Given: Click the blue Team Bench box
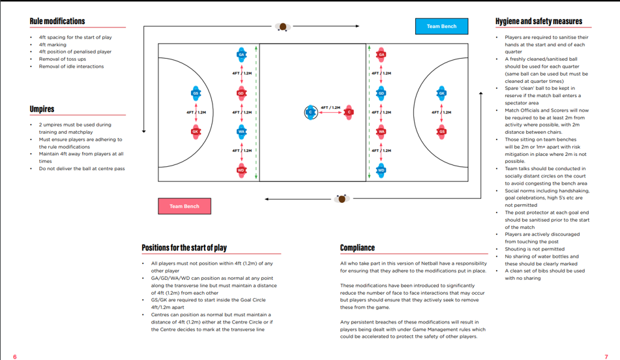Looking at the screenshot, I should click(441, 26).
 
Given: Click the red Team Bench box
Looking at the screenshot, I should click(185, 206).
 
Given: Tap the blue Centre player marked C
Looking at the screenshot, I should click(311, 112).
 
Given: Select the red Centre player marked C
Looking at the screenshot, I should click(349, 112).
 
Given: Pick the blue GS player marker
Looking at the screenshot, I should click(196, 93).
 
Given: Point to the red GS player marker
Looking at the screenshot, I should click(441, 132).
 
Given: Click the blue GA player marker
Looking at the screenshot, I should click(241, 55).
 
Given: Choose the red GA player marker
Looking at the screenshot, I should click(381, 55).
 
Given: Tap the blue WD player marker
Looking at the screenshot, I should click(381, 170).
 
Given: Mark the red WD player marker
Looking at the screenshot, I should click(241, 170).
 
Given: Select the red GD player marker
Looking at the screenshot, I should click(241, 93).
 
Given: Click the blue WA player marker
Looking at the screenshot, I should click(241, 132).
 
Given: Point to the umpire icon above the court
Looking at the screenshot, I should click(282, 27).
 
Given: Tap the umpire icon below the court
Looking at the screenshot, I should click(342, 198).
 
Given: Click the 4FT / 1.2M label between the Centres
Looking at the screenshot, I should click(331, 108).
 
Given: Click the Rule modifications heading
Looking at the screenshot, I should click(57, 22).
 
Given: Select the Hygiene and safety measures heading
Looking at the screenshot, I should click(539, 22).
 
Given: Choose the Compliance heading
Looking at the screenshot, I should click(357, 248).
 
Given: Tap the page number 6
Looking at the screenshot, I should click(15, 356).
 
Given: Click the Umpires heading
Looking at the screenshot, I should click(42, 109).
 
